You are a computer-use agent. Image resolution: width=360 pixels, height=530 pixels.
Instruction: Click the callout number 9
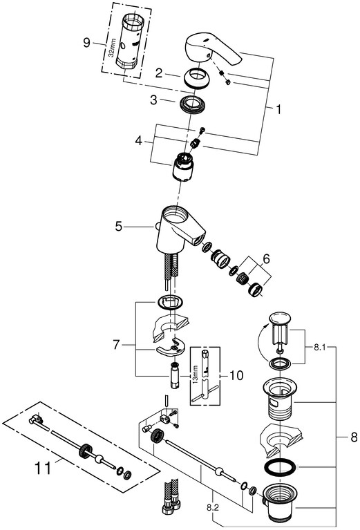click(x=87, y=43)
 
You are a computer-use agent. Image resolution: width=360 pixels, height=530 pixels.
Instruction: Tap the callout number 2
click(x=159, y=73)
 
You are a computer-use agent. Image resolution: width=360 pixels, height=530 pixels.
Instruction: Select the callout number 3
click(x=154, y=100)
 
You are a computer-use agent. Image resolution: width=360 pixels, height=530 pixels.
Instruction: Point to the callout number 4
click(x=139, y=140)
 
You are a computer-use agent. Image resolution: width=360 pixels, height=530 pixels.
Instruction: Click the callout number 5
click(x=118, y=227)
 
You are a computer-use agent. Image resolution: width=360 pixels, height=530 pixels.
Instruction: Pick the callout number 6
click(x=266, y=259)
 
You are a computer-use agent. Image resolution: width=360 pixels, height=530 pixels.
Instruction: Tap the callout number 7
click(x=116, y=345)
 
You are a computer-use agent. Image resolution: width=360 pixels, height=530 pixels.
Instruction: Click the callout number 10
click(x=236, y=375)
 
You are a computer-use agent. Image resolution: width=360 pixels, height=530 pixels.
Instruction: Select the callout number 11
click(x=43, y=469)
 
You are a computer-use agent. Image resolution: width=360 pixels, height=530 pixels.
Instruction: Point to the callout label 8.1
click(x=319, y=347)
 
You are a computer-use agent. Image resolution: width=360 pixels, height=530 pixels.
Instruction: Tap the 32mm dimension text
click(x=113, y=48)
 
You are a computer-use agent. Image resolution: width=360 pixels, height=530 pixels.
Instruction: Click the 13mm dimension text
click(x=196, y=374)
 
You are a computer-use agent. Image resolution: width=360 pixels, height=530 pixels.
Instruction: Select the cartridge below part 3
click(x=182, y=167)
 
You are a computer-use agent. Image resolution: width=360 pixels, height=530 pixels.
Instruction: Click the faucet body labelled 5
click(x=179, y=230)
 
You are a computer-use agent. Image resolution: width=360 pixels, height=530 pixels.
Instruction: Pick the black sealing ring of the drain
click(x=280, y=468)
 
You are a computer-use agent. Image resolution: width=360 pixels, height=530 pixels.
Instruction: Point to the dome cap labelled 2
click(x=198, y=78)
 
